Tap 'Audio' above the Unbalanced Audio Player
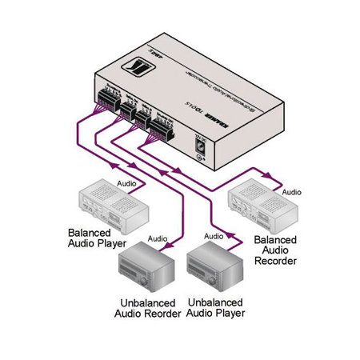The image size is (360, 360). click(x=214, y=236)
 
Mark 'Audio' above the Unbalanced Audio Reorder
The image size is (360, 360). click(x=157, y=238)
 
